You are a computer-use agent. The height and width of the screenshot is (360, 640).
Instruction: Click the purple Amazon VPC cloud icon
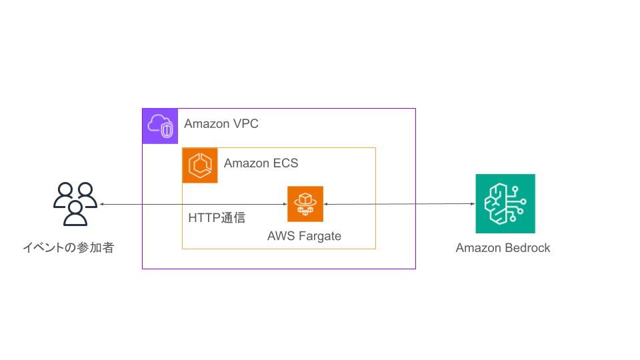point(160,126)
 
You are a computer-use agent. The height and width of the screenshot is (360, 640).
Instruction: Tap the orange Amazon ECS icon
point(200,165)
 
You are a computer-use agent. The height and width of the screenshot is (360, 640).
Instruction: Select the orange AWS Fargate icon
point(305,204)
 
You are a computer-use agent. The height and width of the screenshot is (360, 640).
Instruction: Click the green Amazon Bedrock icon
point(505,203)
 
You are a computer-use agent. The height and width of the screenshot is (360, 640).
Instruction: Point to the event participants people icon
point(75,204)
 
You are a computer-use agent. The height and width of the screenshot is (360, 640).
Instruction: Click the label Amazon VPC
point(221,124)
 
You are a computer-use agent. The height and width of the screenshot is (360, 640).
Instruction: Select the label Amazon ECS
point(261,163)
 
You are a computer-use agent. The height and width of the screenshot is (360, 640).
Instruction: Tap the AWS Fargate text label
point(304,236)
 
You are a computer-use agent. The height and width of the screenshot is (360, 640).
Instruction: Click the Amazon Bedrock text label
point(503,248)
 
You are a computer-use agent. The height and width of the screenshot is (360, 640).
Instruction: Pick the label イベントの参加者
point(68,248)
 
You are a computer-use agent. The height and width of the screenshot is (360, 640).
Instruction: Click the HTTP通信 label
point(217,218)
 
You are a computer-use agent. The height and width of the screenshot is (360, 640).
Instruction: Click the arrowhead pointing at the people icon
point(102,204)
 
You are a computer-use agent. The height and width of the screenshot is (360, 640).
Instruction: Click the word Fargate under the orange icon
point(318,236)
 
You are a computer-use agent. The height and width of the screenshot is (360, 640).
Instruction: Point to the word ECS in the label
point(285,163)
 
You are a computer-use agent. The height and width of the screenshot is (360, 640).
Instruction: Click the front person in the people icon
point(75,213)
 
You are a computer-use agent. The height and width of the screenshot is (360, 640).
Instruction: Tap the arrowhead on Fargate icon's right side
point(327,204)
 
